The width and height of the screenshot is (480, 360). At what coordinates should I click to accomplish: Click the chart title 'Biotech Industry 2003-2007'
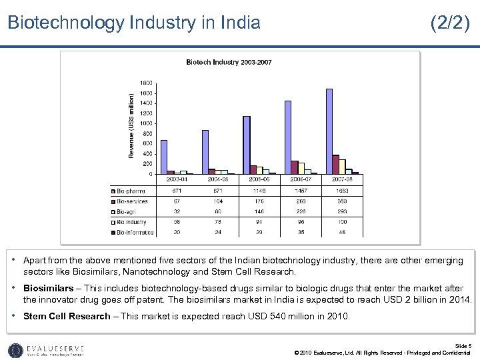pyautogui.click(x=228, y=62)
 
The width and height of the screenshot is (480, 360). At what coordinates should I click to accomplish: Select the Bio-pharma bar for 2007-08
pyautogui.click(x=329, y=131)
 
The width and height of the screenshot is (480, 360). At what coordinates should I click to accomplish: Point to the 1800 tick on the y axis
pyautogui.click(x=145, y=83)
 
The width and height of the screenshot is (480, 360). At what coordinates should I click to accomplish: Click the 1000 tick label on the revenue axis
pyautogui.click(x=145, y=123)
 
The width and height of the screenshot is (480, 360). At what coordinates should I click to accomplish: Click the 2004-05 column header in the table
pyautogui.click(x=218, y=179)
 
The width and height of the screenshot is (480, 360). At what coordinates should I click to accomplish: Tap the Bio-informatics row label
pyautogui.click(x=136, y=233)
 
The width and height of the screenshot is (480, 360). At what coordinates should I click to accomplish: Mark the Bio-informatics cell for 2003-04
pyautogui.click(x=177, y=233)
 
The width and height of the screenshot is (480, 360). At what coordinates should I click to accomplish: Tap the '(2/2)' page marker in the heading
pyautogui.click(x=450, y=23)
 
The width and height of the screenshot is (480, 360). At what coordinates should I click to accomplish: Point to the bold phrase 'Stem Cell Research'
pyautogui.click(x=67, y=316)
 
